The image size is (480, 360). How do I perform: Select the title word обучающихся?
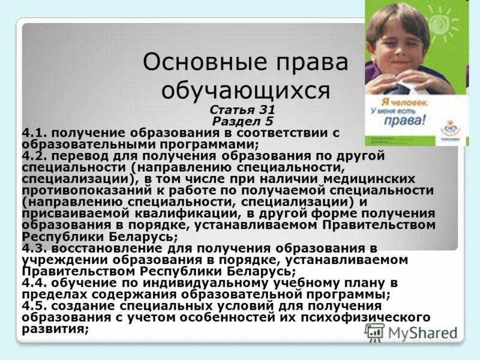[246, 91]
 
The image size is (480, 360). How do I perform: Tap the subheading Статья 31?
[251, 110]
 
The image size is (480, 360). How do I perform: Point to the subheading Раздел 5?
[251, 120]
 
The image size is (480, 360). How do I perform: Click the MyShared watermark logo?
[411, 332]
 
